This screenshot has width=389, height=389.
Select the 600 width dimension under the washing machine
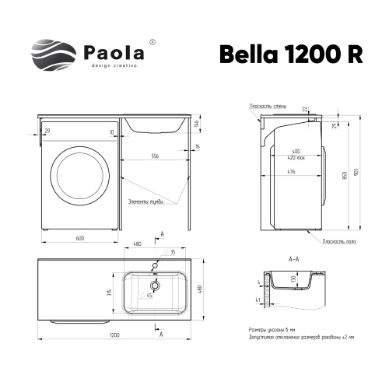(80, 238)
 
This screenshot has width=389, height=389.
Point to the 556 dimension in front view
(155, 156)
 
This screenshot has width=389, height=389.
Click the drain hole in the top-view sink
(153, 286)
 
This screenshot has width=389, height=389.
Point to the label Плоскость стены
(265, 105)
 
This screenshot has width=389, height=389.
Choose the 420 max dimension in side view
(296, 156)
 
